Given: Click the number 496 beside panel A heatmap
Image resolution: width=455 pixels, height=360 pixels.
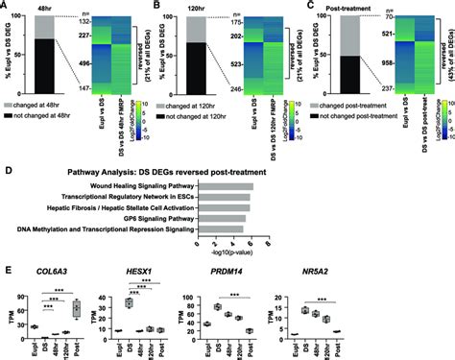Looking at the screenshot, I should [84, 65].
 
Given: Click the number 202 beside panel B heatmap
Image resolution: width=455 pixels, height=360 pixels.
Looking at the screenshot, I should [234, 38].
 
